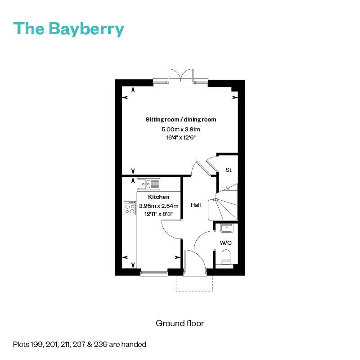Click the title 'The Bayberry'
(69, 28)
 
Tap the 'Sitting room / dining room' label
(180, 120)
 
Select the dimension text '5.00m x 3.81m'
(180, 130)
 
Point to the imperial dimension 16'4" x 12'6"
(180, 138)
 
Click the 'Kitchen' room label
(159, 197)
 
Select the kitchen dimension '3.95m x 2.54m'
(159, 206)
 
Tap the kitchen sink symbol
(148, 184)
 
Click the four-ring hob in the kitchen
(130, 208)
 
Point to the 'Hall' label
(196, 205)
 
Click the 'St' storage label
(228, 170)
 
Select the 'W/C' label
(225, 243)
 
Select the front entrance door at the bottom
(194, 265)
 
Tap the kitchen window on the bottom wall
(154, 272)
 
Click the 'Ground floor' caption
(180, 323)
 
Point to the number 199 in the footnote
(37, 345)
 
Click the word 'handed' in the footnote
(135, 345)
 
